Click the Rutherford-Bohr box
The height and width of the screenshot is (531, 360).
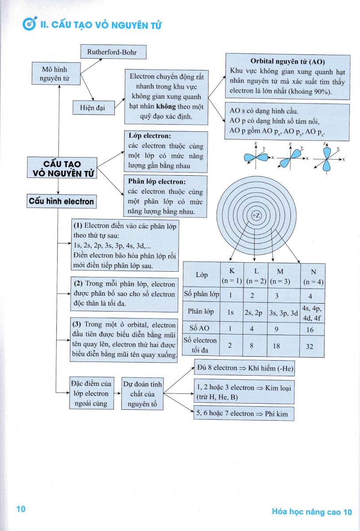coord(113,52)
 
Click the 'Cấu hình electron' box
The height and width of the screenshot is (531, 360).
coord(62,202)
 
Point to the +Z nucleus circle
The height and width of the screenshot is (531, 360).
coord(256,215)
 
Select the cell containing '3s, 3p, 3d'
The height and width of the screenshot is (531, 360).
coord(283,312)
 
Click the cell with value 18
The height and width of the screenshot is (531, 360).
coord(276,346)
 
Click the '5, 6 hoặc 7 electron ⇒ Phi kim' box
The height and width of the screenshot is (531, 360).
coord(244,414)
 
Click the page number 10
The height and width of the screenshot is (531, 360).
coord(21,509)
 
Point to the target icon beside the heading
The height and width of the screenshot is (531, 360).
coord(29,25)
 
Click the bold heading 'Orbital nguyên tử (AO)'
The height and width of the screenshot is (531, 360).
coord(288,62)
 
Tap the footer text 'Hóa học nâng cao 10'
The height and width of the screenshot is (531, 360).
coord(312,512)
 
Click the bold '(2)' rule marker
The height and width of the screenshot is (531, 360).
coord(79,284)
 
